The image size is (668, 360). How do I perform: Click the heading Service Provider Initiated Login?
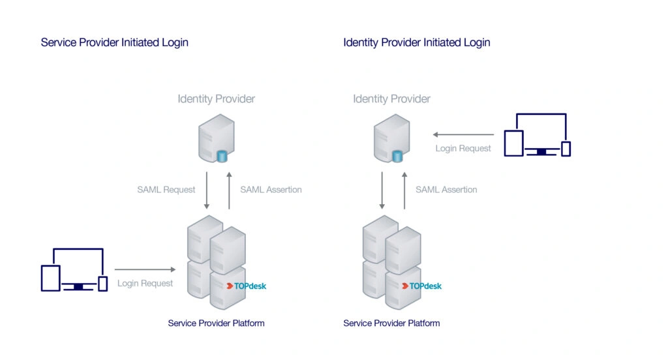(115, 42)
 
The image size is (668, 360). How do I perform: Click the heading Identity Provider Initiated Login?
(417, 42)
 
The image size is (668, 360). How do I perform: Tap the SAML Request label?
(166, 190)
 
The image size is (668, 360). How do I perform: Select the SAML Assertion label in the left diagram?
(271, 190)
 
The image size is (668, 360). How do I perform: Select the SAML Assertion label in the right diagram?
(446, 190)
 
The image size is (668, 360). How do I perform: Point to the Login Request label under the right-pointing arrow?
(145, 283)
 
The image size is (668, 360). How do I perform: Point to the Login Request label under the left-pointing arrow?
(463, 148)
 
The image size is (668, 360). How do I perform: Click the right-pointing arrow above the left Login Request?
(145, 269)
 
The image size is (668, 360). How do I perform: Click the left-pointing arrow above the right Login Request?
(464, 134)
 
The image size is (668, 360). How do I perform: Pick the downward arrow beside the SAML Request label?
(207, 190)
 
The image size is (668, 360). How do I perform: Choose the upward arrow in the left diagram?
(229, 190)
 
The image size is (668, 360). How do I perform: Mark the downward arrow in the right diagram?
(382, 190)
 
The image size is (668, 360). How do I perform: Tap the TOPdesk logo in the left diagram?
(246, 286)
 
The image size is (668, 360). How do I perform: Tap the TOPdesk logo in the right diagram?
(422, 286)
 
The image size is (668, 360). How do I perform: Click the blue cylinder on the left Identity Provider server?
(222, 156)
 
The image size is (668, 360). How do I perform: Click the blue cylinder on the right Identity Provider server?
(397, 156)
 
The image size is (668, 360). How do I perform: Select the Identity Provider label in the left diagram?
(217, 99)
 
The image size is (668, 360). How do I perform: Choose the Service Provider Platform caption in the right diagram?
(391, 323)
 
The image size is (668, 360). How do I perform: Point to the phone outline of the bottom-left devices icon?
(102, 284)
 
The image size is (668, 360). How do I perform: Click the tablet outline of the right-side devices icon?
(514, 143)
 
